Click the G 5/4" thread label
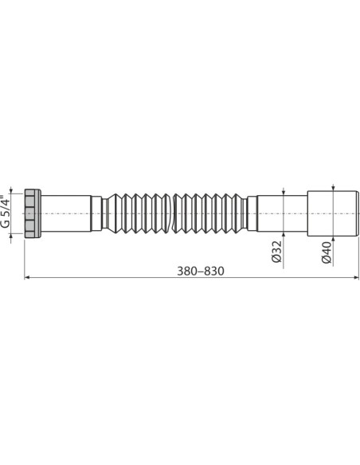tap(6, 213)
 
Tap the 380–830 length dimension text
tap(199, 271)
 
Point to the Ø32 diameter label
tap(276, 250)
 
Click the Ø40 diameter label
tap(327, 250)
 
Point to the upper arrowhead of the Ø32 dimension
tap(284, 193)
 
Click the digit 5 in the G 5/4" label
tap(6, 210)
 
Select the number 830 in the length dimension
tap(213, 271)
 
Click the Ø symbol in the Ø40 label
tap(327, 259)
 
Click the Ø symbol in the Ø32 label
tap(276, 259)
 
